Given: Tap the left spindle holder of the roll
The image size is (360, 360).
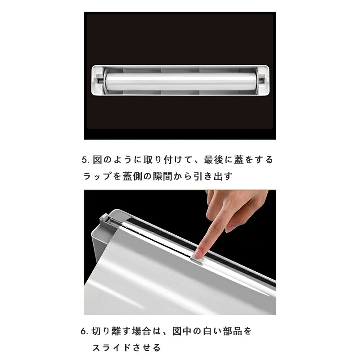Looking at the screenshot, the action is tap(99, 80).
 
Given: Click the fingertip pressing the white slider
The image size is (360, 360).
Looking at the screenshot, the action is tap(198, 252).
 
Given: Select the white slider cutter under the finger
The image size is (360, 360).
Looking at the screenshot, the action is tap(198, 261).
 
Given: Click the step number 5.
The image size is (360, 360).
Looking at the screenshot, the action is tap(84, 160).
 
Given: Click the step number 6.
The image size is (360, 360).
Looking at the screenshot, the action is tap(83, 332).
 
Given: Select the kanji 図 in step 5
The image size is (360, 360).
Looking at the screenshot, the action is tap(97, 160).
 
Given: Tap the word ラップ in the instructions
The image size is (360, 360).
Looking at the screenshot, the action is tap(97, 176).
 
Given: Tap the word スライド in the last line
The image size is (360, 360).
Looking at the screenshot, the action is tap(112, 347).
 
